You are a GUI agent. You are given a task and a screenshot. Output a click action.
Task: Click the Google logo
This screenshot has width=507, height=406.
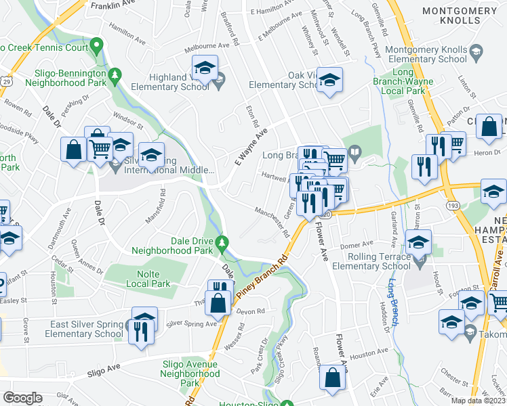22,398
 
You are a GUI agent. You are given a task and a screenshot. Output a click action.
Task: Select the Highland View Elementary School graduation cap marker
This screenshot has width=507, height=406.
204,68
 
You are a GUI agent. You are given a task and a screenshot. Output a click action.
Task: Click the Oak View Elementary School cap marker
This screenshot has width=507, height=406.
329,81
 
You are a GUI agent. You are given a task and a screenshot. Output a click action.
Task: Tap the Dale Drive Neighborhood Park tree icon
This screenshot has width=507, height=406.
223,242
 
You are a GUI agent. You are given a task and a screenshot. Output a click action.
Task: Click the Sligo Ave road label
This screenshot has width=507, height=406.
104,372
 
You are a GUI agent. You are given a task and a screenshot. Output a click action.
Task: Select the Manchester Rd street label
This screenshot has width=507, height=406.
272,222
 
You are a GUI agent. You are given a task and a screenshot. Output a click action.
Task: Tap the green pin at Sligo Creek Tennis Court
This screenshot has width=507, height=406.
97,47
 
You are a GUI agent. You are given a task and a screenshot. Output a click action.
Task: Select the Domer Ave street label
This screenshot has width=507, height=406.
357,244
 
